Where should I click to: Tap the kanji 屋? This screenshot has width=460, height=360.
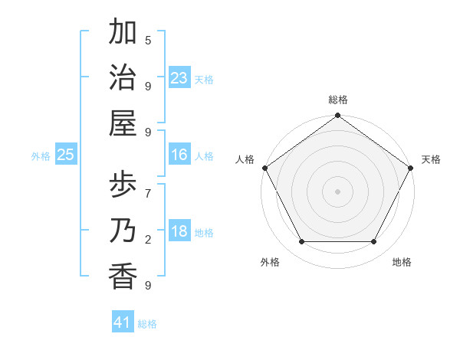tap(123, 123)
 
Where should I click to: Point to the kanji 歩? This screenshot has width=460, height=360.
tap(123, 185)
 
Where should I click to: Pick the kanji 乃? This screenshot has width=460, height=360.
tap(123, 231)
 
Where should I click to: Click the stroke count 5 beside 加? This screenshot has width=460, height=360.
tap(148, 40)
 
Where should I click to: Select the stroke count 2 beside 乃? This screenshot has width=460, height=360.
tap(148, 240)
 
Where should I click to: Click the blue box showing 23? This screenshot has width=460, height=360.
tap(179, 78)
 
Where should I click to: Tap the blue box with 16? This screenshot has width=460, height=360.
tap(179, 155)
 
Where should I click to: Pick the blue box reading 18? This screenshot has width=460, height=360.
tap(179, 232)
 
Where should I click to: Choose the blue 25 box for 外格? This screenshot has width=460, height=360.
tap(66, 155)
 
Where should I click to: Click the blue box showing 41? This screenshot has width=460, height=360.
tap(123, 322)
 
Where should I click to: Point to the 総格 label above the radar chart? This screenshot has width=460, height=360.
tap(338, 100)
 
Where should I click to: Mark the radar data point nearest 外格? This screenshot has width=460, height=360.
tap(301, 242)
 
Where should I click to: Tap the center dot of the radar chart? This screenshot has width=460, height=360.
tap(337, 191)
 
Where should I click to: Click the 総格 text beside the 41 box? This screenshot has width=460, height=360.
tap(147, 324)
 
